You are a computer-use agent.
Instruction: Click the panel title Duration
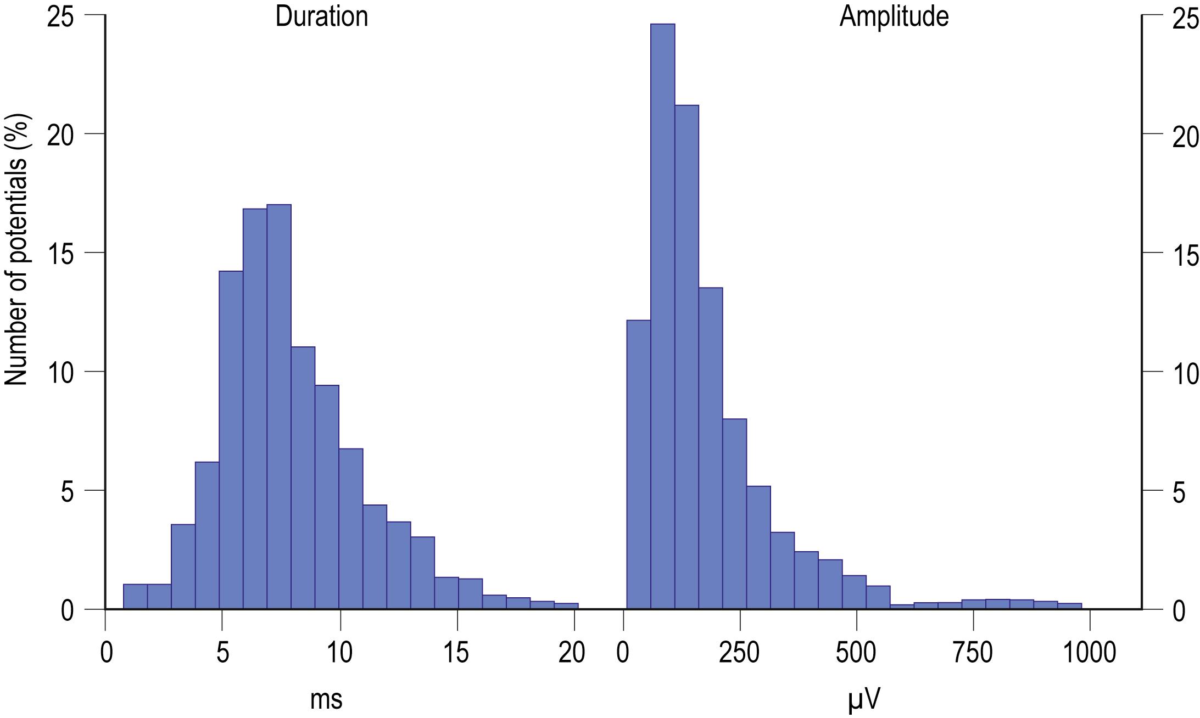click(x=321, y=16)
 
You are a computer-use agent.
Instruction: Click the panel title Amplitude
click(x=894, y=16)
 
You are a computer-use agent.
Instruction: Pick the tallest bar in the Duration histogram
click(x=278, y=406)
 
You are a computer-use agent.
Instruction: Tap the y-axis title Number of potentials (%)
click(x=16, y=250)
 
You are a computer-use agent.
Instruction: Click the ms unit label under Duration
click(x=326, y=699)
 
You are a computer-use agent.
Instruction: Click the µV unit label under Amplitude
click(x=864, y=699)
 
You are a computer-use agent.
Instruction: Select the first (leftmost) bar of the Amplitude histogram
click(x=639, y=464)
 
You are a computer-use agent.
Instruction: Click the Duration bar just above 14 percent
click(x=231, y=439)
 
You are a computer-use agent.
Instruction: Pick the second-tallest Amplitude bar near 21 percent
click(x=686, y=357)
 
